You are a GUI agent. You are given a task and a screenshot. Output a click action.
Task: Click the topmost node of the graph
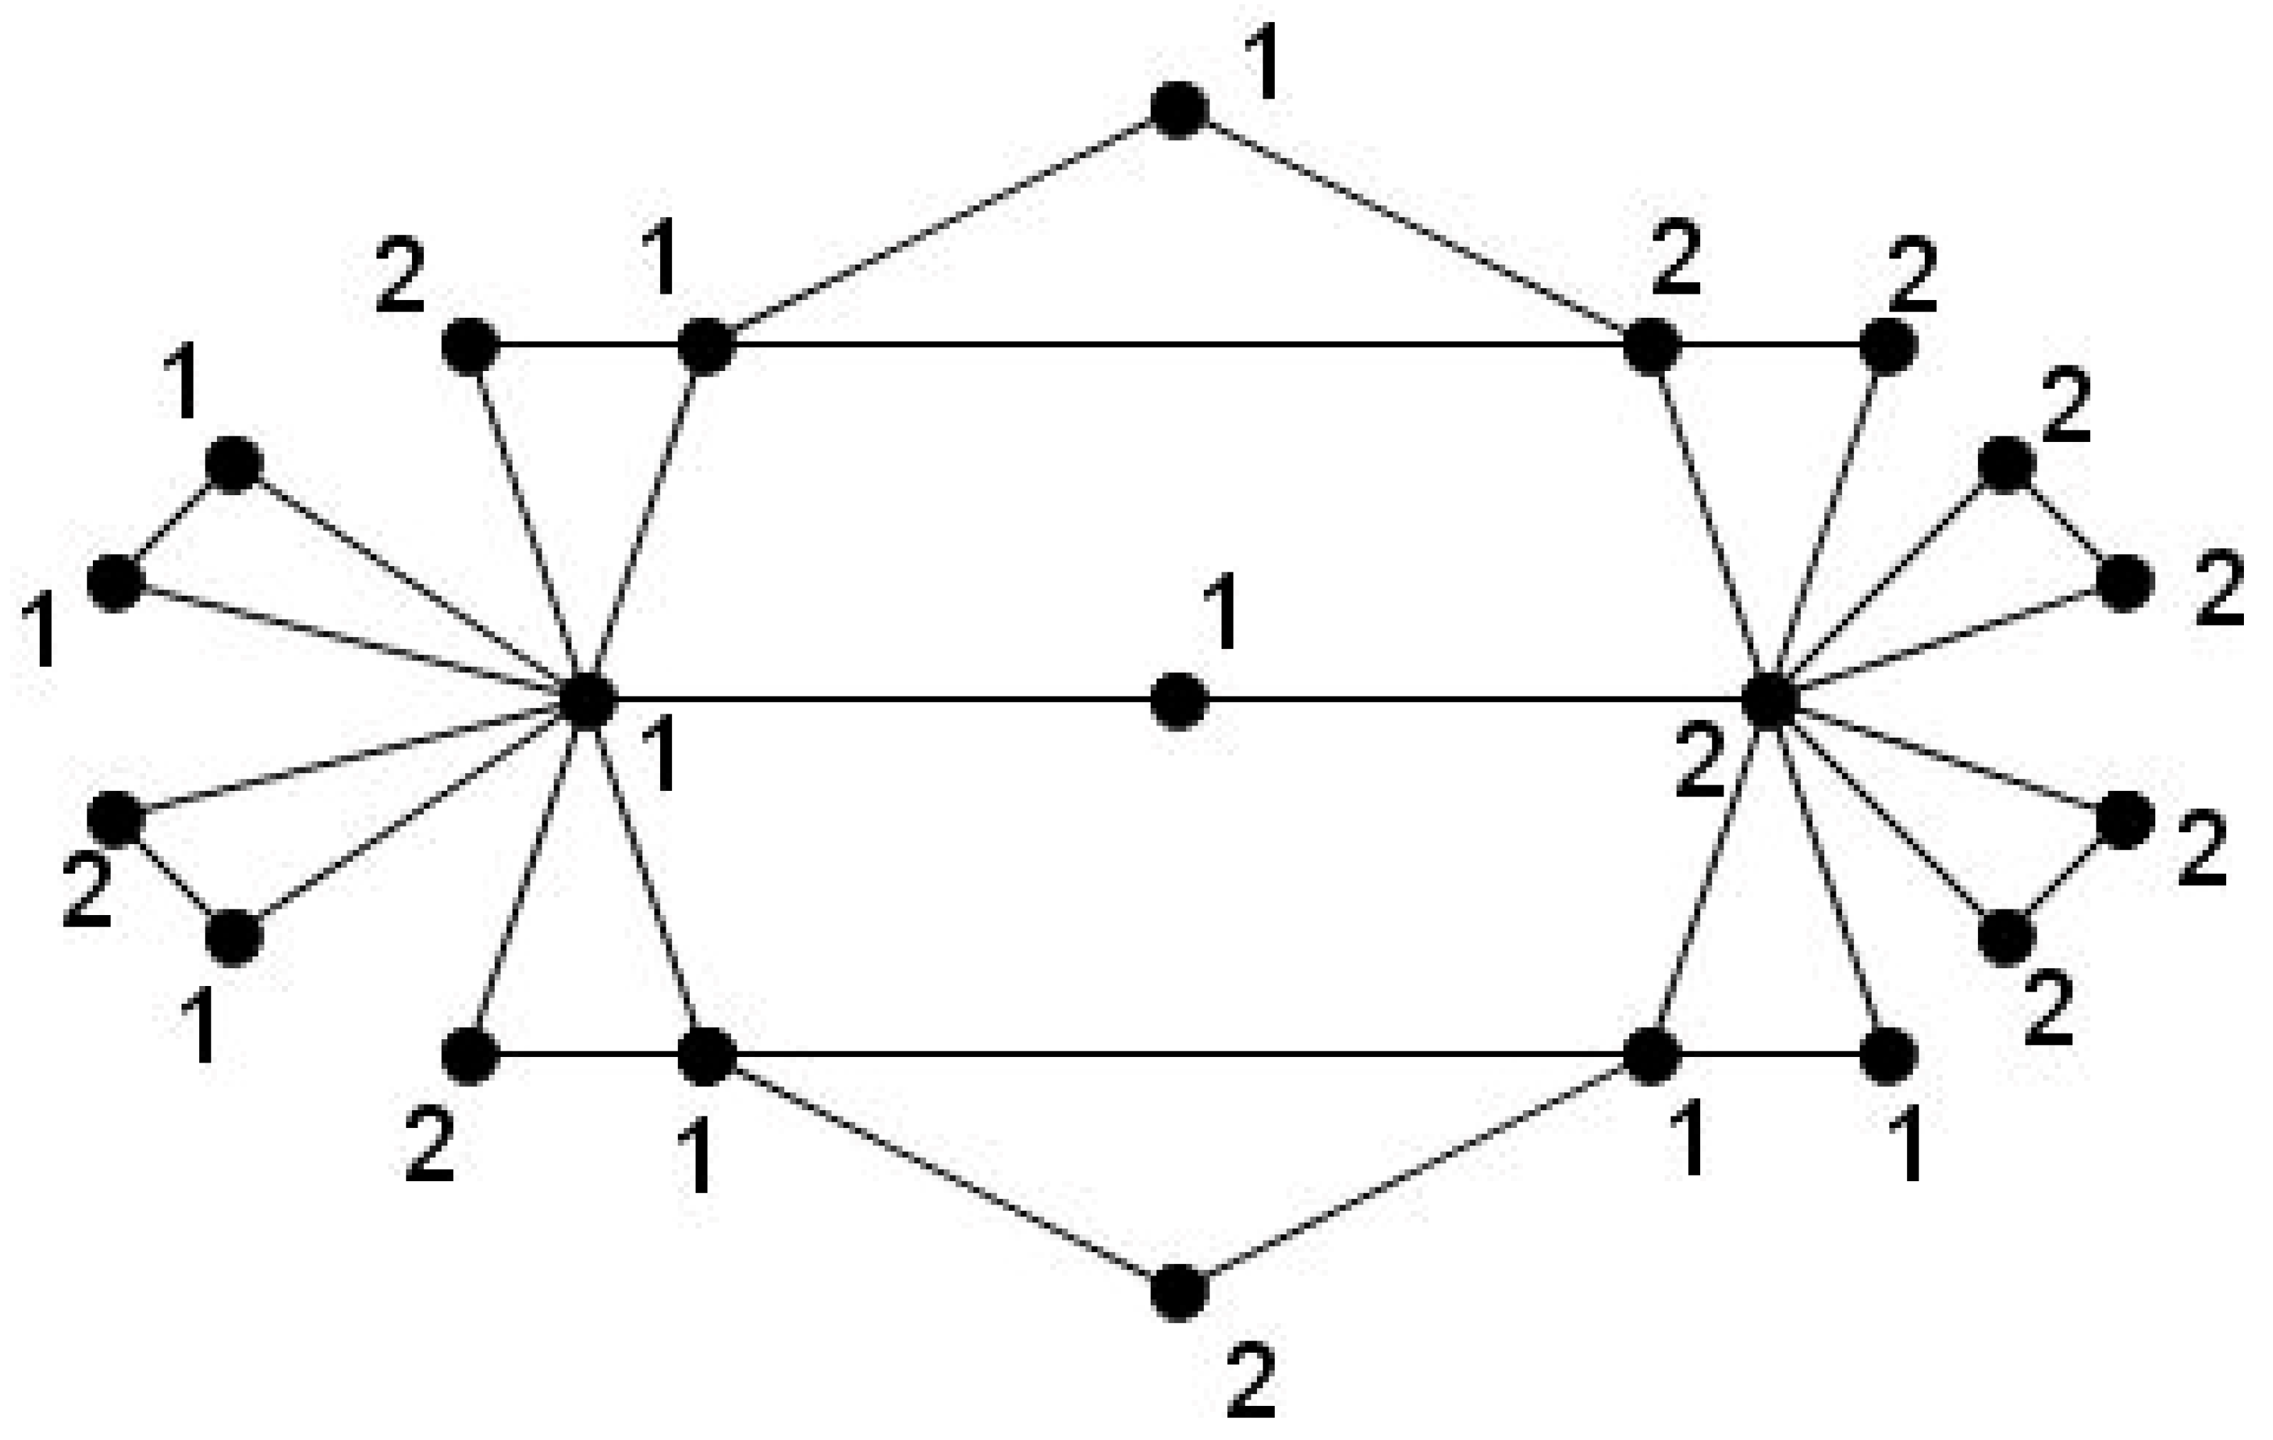click(x=1179, y=111)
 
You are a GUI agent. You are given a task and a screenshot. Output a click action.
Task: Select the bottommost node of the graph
click(x=1179, y=1292)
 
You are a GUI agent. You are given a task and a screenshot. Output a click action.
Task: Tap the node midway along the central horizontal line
click(x=1179, y=702)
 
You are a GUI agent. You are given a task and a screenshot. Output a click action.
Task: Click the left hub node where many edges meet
click(x=588, y=702)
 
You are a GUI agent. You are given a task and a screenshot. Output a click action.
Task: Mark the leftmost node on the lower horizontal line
click(x=470, y=1056)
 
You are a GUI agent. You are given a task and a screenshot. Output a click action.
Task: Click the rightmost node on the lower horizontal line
click(x=1888, y=1056)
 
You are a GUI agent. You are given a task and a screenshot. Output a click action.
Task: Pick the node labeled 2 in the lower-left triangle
click(x=116, y=819)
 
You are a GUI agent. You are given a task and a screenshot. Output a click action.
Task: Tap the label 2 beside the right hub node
click(x=1700, y=767)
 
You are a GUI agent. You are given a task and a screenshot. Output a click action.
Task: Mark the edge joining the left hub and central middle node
click(x=883, y=701)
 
